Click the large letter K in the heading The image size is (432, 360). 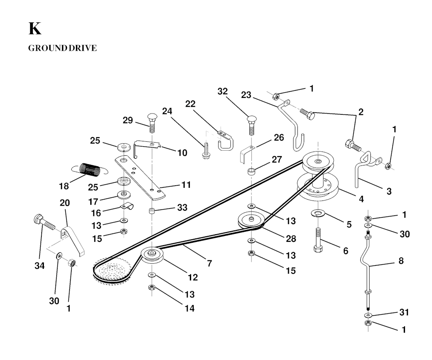pos(35,29)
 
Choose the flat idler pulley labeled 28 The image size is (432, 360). pos(250,220)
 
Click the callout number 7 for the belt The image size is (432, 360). pos(209,263)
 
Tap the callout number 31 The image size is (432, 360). pos(404,312)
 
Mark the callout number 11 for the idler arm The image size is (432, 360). pos(186,185)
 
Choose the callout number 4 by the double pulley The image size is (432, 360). pos(361,198)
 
